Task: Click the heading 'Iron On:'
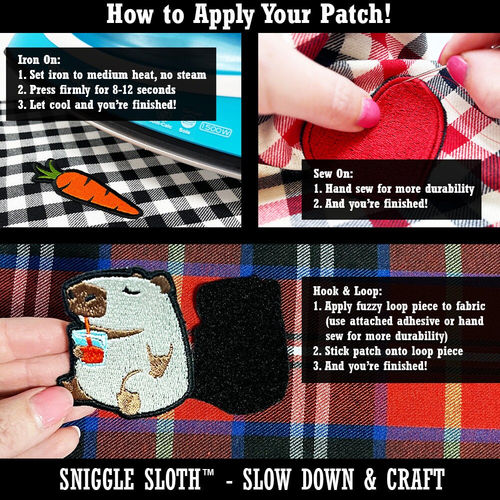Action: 39,60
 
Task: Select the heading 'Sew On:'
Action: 333,174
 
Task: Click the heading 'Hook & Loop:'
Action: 348,291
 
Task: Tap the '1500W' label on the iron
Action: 216,132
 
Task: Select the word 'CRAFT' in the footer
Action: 415,480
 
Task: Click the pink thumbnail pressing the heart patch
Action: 368,113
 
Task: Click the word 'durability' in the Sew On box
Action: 449,189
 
